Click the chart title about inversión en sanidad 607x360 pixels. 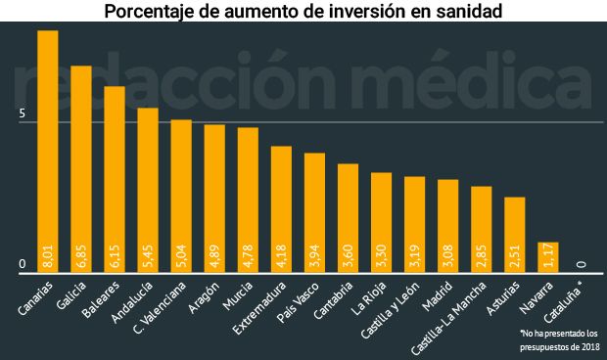pos(303,13)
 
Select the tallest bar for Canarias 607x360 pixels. pos(48,147)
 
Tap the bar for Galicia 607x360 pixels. pos(81,166)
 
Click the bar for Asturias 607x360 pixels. pos(515,235)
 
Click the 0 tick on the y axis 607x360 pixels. pos(23,264)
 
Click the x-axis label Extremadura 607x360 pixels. pos(261,306)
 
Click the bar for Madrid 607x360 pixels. pos(448,225)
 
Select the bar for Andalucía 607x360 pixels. pos(148,186)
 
